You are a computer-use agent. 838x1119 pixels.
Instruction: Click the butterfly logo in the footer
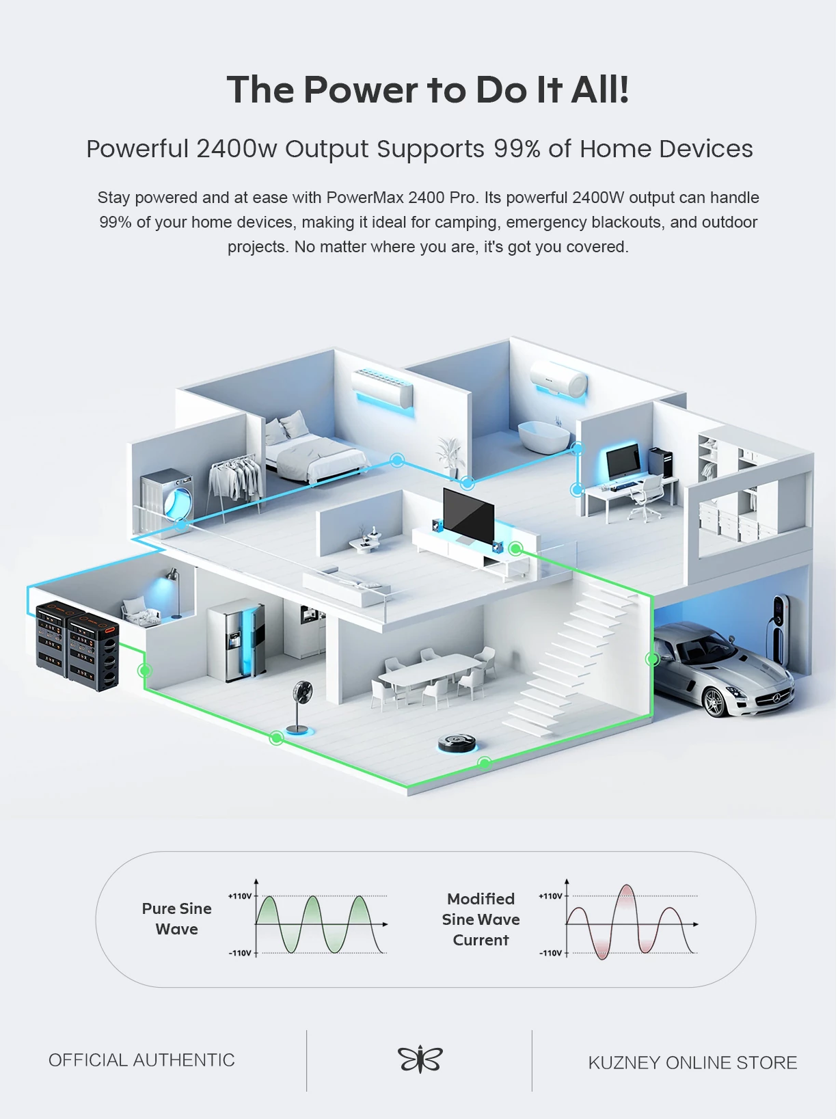tap(420, 1060)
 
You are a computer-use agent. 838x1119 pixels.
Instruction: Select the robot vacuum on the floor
tap(457, 742)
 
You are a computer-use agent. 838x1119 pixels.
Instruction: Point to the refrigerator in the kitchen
tap(236, 641)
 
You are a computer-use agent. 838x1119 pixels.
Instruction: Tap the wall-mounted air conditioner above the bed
tap(382, 388)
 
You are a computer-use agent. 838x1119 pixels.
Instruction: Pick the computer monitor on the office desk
tap(623, 461)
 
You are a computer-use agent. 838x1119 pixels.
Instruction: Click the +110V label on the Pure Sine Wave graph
tap(240, 895)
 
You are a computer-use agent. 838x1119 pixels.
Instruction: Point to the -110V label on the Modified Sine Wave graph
tap(550, 952)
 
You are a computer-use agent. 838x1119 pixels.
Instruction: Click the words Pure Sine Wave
tap(177, 918)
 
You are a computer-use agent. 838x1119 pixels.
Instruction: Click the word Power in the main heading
tap(361, 90)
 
